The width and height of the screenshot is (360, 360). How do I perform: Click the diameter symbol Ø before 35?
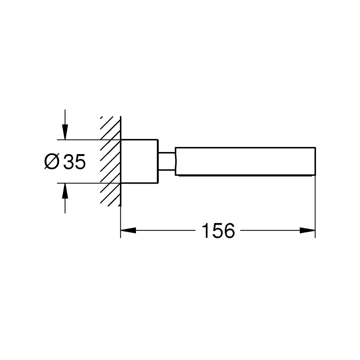click(52, 161)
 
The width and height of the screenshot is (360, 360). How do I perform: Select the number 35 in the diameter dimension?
click(75, 161)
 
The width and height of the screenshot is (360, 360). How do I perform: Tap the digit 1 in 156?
click(206, 230)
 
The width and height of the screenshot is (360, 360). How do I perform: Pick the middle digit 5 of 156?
click(216, 230)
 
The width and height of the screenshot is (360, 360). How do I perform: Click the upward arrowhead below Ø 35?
click(65, 191)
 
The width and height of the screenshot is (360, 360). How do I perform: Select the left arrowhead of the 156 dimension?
click(128, 230)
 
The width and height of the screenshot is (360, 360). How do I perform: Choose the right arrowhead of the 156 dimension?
click(307, 230)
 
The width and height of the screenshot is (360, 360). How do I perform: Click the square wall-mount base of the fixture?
click(139, 161)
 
